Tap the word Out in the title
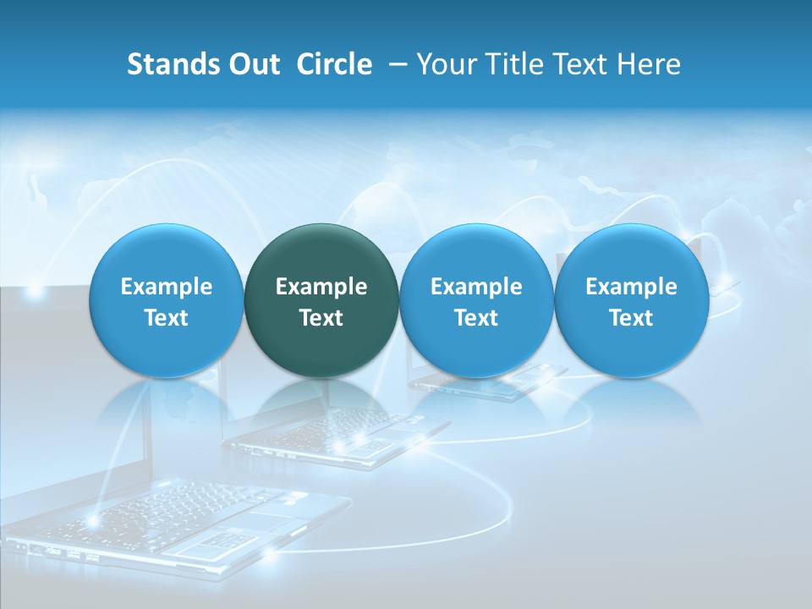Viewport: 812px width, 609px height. click(x=251, y=64)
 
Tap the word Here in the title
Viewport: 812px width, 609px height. click(x=647, y=64)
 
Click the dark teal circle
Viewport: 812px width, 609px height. click(x=321, y=300)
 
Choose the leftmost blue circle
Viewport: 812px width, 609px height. click(x=166, y=300)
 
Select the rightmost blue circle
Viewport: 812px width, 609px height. click(x=632, y=300)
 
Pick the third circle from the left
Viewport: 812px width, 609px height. click(x=476, y=300)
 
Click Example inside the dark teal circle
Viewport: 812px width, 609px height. click(x=321, y=287)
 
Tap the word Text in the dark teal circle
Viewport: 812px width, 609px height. click(x=321, y=318)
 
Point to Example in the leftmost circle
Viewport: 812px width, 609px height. click(x=166, y=287)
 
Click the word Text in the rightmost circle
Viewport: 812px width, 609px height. click(x=632, y=318)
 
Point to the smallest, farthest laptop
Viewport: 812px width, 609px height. click(x=491, y=382)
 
